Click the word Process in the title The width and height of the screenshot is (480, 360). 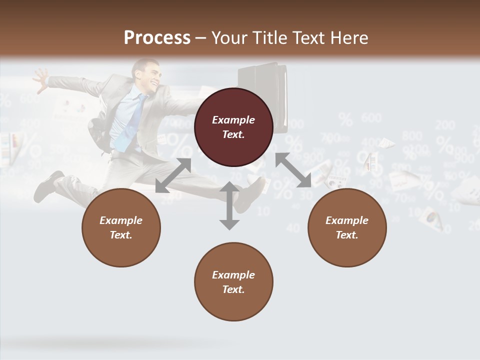pyautogui.click(x=157, y=38)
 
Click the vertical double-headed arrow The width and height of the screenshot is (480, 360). pyautogui.click(x=229, y=205)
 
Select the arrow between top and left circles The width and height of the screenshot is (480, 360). pyautogui.click(x=173, y=175)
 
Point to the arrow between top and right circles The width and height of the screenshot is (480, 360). pyautogui.click(x=293, y=170)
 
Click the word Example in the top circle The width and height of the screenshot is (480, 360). pyautogui.click(x=233, y=120)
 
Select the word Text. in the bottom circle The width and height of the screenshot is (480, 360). pyautogui.click(x=233, y=289)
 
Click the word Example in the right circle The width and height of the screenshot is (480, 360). pyautogui.click(x=347, y=220)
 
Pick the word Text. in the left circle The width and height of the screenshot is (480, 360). pyautogui.click(x=121, y=235)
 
